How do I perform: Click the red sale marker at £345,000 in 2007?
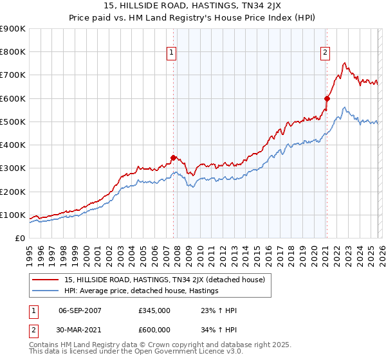[x=173, y=157]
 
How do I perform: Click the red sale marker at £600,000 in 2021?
[x=327, y=98]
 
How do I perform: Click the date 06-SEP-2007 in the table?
[x=80, y=310]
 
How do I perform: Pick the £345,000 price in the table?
[x=154, y=310]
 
